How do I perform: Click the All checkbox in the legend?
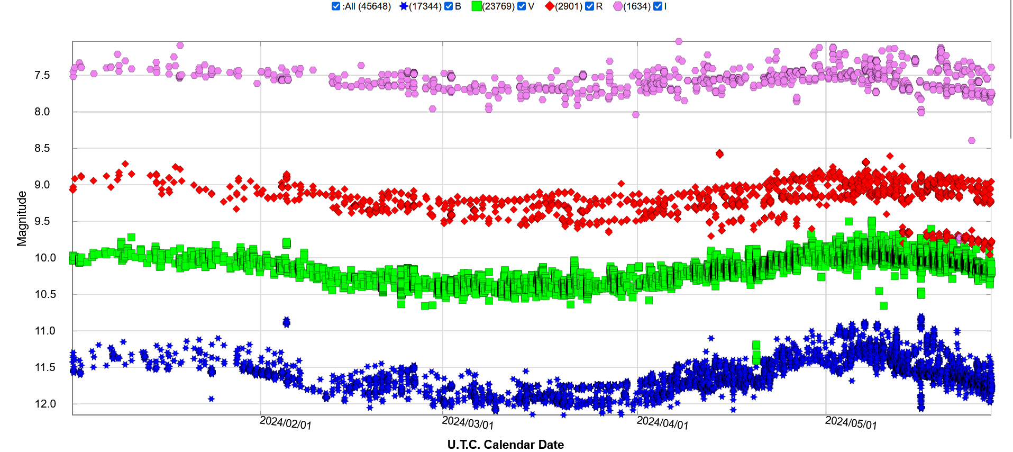pos(336,6)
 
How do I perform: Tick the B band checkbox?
pos(449,6)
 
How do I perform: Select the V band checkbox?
pos(522,6)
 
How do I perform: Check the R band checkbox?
pos(589,6)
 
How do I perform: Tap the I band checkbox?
pos(658,6)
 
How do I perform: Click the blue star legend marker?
pos(404,6)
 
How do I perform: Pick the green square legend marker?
pos(477,6)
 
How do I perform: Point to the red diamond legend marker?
pos(550,6)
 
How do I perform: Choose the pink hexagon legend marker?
pos(618,6)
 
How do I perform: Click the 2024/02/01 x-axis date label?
pos(286,423)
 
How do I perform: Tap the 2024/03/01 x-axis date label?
pos(468,423)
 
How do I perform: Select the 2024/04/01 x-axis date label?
pos(662,423)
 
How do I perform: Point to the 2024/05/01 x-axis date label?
pos(851,423)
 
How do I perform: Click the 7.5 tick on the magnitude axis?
pos(42,75)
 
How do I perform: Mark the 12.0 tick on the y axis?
pos(45,404)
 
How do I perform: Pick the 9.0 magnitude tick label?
pos(42,185)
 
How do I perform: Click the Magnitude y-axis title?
pos(22,219)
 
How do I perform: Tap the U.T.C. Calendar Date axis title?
pos(505,445)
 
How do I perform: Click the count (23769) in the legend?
pos(498,6)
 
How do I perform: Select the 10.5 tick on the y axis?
pos(45,294)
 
